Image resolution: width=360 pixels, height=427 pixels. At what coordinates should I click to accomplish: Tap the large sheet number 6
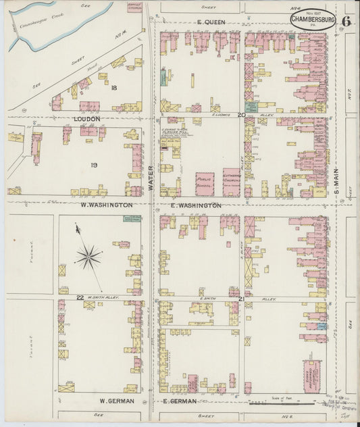(x=346, y=20)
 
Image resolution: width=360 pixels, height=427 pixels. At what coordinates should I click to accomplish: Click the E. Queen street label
(x=211, y=22)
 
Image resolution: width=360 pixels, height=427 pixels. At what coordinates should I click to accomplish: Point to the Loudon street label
(x=86, y=118)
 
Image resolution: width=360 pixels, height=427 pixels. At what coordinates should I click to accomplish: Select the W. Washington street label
(x=107, y=204)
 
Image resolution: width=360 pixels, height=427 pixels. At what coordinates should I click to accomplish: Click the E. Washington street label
(x=197, y=205)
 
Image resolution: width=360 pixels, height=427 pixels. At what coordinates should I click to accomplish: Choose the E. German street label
(x=180, y=401)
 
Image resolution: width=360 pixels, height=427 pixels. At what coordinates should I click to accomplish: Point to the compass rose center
(x=88, y=256)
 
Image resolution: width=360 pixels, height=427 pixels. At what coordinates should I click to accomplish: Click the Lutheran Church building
(x=231, y=180)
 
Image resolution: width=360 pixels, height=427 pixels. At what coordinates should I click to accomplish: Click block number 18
(x=114, y=89)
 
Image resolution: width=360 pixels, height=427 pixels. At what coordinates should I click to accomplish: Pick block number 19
(x=94, y=164)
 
